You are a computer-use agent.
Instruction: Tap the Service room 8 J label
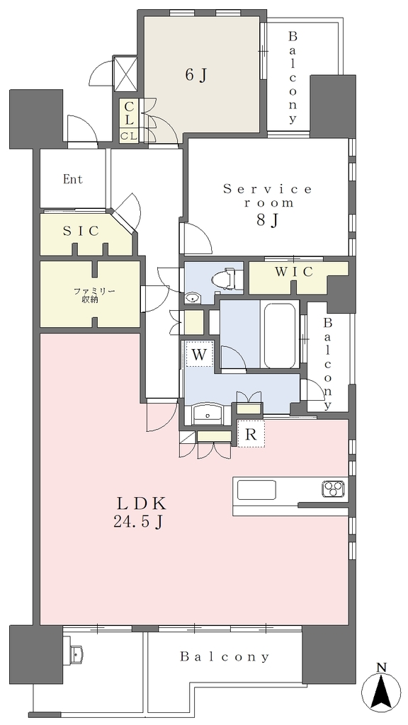(267, 205)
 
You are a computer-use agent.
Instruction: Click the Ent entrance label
(73, 179)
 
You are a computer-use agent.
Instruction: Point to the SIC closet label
(81, 231)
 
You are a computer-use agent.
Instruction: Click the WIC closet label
(294, 273)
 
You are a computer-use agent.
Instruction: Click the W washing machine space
(199, 354)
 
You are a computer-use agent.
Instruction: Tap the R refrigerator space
(251, 434)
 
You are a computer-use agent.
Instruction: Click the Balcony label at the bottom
(225, 656)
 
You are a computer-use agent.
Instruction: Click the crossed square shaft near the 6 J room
(125, 74)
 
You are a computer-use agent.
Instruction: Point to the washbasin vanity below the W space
(208, 413)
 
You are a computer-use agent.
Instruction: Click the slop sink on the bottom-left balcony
(76, 653)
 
